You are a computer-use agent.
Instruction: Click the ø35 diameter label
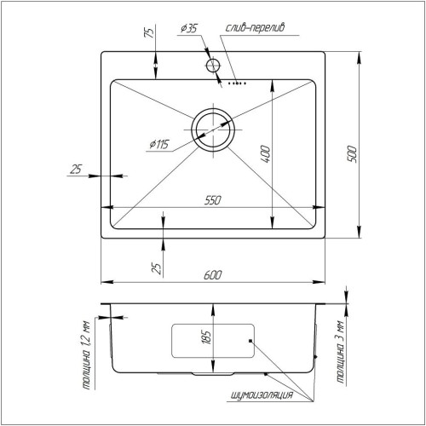189,28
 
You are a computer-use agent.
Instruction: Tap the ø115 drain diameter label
159,145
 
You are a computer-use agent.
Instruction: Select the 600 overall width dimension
213,275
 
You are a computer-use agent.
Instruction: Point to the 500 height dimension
351,153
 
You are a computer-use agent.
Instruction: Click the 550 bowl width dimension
213,200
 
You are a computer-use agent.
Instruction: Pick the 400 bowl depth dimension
265,154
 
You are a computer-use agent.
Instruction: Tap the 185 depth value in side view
206,337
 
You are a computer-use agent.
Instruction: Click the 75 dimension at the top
149,32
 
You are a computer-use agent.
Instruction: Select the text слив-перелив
255,28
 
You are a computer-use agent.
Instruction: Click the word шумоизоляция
262,395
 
